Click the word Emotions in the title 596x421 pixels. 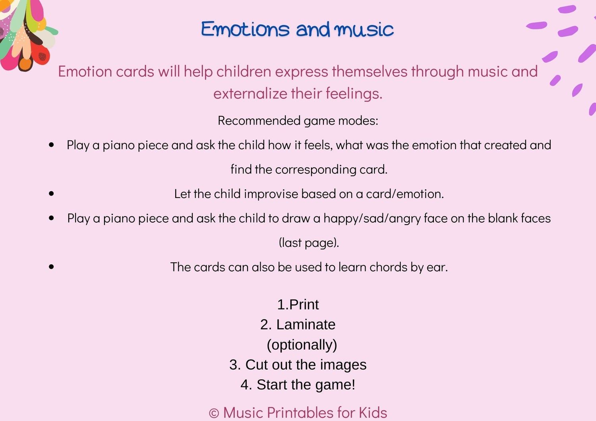tap(245, 29)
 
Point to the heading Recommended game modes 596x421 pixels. tap(298, 121)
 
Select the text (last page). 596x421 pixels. tap(309, 243)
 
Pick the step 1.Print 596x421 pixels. tap(298, 305)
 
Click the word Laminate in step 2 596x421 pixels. tap(306, 325)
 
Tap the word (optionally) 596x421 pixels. tap(302, 345)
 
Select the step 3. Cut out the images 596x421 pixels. tap(298, 365)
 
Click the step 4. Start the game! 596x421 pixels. tap(298, 384)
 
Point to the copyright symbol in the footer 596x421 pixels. tap(214, 413)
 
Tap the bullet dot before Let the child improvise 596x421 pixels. tap(51, 194)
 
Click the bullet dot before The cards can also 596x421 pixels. tap(51, 267)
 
